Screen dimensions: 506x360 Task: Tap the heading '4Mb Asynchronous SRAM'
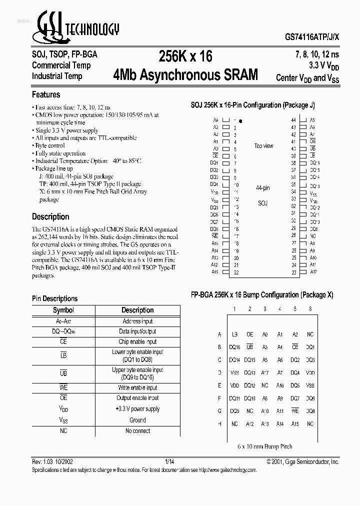tap(185, 75)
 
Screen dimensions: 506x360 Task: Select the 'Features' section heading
tap(46, 94)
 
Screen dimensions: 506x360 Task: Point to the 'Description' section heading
tap(50, 216)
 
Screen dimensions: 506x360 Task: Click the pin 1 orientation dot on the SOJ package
tap(240, 120)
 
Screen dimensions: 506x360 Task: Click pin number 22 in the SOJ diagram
tap(235, 272)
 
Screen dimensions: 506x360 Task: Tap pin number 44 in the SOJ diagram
tap(294, 120)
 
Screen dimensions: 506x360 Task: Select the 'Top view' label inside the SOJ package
tap(263, 146)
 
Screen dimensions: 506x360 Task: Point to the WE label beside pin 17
tap(214, 235)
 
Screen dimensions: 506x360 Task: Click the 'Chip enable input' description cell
tap(137, 342)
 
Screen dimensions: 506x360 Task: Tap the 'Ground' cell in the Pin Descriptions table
tap(137, 420)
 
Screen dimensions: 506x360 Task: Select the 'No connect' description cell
tap(137, 431)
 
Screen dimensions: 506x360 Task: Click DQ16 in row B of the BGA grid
tap(234, 347)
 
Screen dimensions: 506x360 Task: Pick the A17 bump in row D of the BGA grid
tap(265, 372)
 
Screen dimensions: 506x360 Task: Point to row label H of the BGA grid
tap(219, 424)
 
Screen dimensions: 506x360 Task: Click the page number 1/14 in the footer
tap(170, 461)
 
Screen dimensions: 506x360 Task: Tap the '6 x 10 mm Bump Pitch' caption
tap(265, 446)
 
